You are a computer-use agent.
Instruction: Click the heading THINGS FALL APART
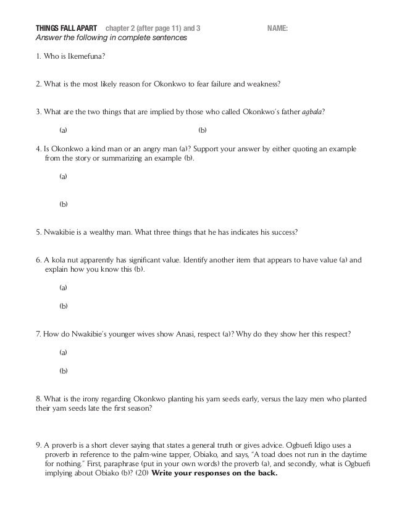click(x=67, y=28)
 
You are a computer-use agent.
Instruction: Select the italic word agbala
click(x=312, y=111)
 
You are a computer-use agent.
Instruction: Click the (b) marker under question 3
click(x=202, y=130)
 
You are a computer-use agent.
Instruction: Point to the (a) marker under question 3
click(x=63, y=130)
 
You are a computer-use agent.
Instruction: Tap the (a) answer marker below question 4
click(x=63, y=177)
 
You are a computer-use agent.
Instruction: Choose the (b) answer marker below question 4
click(x=63, y=204)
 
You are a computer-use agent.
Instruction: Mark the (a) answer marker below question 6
click(x=63, y=288)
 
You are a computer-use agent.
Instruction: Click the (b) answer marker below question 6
click(x=63, y=306)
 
